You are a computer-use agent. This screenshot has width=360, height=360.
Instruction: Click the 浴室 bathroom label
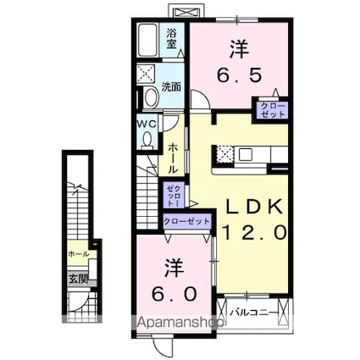click(171, 36)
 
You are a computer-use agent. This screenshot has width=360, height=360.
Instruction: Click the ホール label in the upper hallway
click(173, 158)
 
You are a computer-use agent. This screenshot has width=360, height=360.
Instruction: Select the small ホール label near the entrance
click(77, 253)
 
